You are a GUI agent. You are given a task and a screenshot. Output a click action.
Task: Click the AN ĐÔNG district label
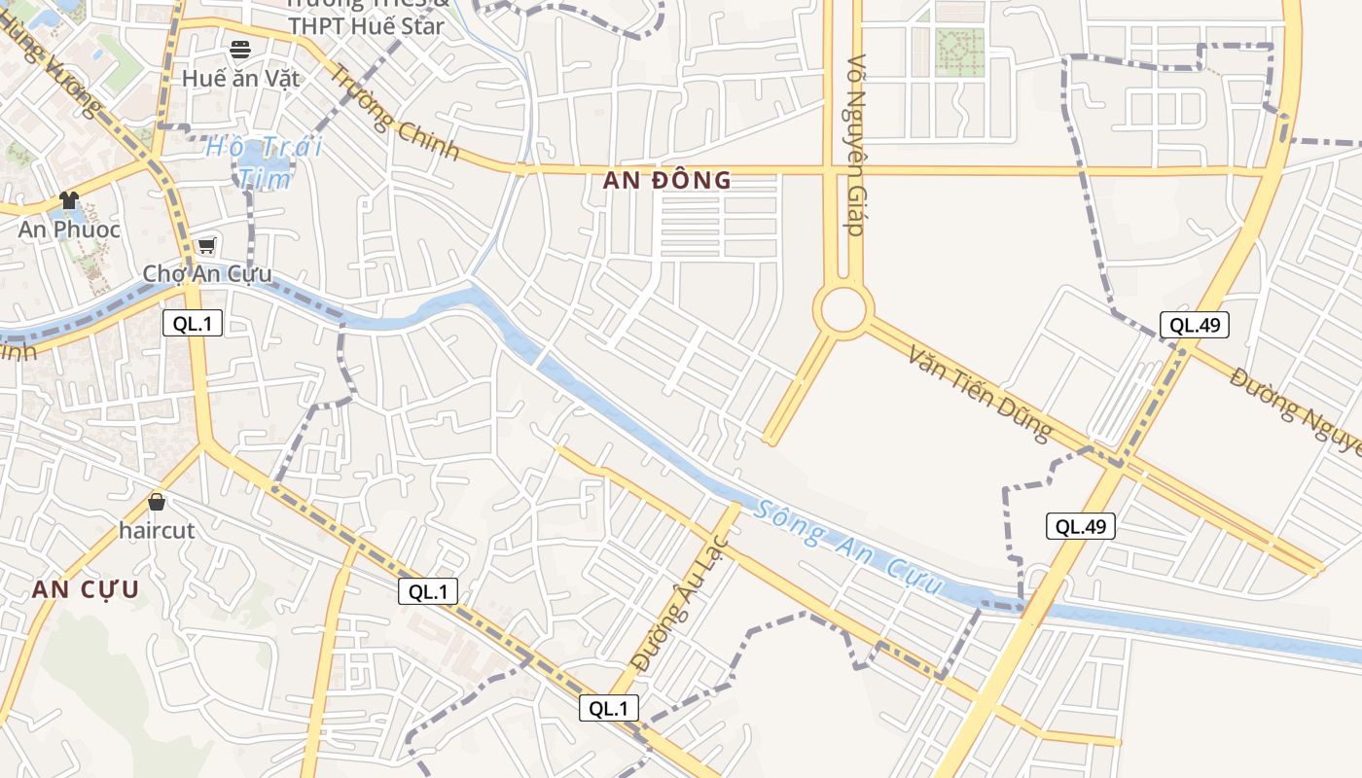pos(666,180)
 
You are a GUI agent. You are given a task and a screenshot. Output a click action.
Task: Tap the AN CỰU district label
pos(86,589)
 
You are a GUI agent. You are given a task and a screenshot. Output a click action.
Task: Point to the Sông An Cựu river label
pos(850,548)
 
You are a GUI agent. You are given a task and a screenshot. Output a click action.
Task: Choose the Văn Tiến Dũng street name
pos(981,391)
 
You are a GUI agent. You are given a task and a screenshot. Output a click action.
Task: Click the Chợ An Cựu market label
pos(207,273)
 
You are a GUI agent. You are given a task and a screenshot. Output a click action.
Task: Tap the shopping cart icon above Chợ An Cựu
pos(206,245)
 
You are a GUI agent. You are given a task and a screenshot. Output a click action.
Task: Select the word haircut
pos(157,531)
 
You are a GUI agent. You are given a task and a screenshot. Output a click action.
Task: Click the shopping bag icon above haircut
pos(157,502)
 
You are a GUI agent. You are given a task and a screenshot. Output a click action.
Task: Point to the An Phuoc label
pos(70,230)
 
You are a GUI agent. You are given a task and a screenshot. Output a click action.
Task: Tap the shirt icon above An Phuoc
pos(69,200)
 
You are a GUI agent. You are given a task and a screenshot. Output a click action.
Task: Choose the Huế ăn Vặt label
pos(241,78)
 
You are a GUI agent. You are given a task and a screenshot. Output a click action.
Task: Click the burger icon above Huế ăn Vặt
pos(240,49)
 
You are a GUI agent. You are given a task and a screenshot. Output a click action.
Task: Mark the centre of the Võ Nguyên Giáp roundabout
pos(843,311)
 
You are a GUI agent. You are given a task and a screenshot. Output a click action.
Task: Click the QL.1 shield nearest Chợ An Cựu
pos(193,324)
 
